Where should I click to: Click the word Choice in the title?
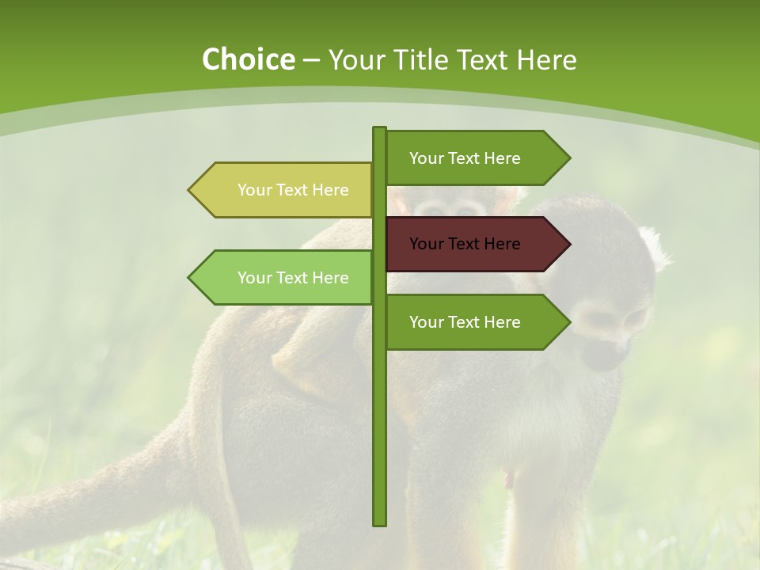tap(248, 60)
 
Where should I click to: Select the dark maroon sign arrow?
tap(475, 244)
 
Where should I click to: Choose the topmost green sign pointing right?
tap(475, 158)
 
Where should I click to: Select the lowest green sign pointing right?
tap(475, 321)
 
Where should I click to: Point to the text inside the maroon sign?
tap(465, 244)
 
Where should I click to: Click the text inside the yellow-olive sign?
tap(293, 190)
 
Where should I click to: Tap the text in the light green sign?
tap(293, 278)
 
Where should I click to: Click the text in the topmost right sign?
tap(465, 158)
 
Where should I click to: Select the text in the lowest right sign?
tap(465, 322)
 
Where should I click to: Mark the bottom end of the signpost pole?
tap(380, 522)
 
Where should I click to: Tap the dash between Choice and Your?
tap(311, 60)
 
